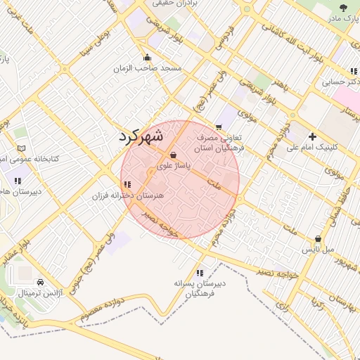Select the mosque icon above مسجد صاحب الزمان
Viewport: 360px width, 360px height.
(x=146, y=58)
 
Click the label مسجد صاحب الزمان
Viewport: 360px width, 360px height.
(x=150, y=68)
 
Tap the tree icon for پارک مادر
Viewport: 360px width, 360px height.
(x=342, y=8)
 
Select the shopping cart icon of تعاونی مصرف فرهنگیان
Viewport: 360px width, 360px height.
(x=220, y=127)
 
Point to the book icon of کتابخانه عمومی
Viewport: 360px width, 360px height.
(x=22, y=148)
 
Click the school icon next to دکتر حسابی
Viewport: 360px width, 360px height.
(x=352, y=71)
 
